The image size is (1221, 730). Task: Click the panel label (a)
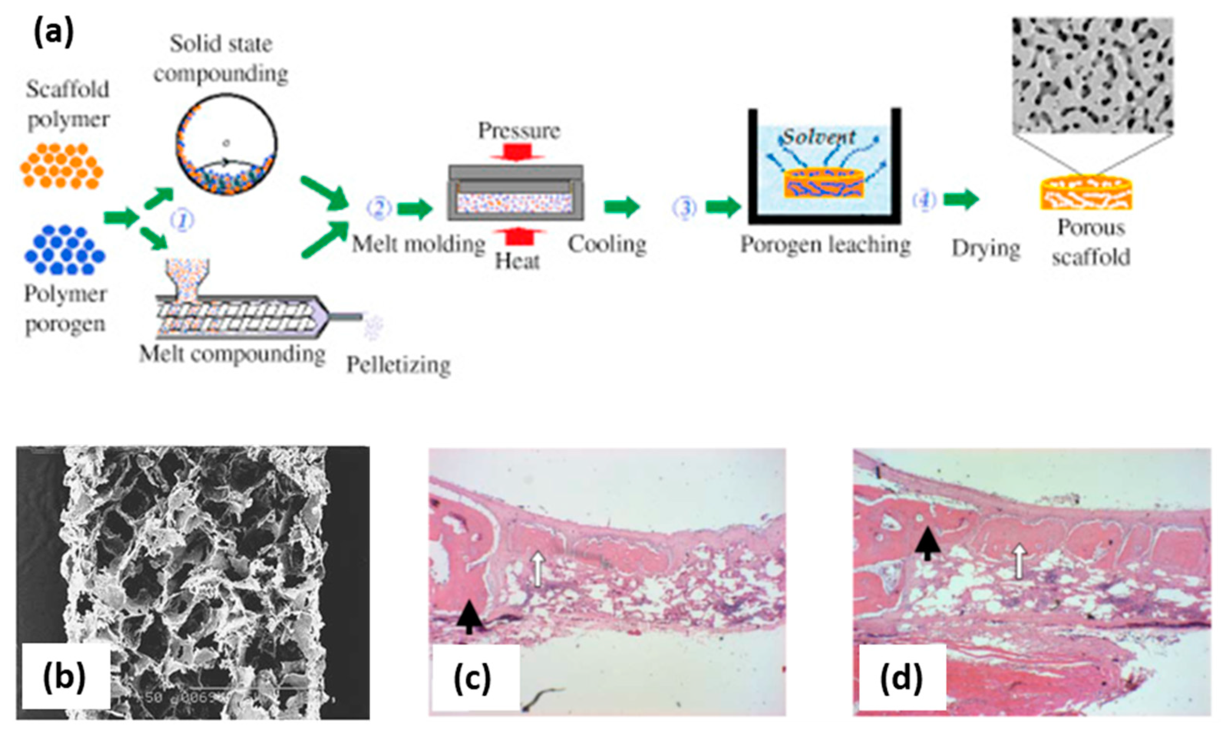click(53, 33)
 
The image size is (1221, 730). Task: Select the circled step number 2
click(379, 208)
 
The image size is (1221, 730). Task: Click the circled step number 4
click(924, 200)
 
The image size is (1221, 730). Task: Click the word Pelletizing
click(398, 365)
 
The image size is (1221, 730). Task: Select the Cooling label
click(607, 245)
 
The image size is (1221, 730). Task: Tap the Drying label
click(986, 248)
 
